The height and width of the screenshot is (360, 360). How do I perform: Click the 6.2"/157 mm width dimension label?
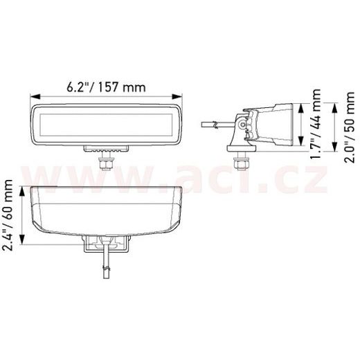(107, 87)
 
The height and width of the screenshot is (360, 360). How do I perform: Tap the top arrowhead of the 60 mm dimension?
(24, 190)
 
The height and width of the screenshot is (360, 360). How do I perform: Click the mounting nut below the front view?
(107, 163)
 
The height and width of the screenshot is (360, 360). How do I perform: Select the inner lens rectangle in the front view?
(107, 126)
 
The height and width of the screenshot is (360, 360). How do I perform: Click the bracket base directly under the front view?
(107, 149)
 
